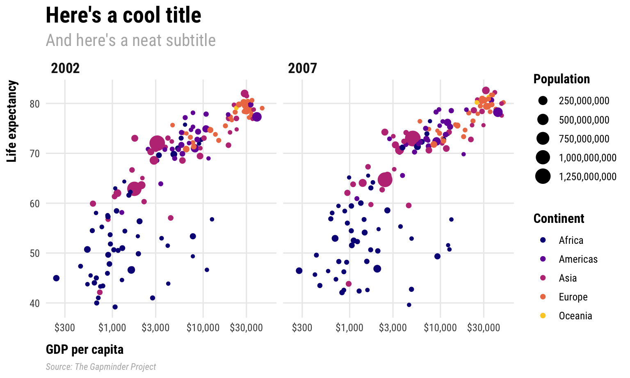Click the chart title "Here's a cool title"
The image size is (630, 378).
tap(123, 16)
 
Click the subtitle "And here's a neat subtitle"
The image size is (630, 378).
tap(130, 40)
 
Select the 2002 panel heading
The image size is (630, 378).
tap(65, 68)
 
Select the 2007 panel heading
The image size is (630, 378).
tap(302, 68)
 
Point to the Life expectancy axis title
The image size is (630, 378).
tap(12, 121)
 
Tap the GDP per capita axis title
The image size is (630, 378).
tap(84, 349)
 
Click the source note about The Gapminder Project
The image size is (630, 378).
tap(101, 367)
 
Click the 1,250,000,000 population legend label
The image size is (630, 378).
tap(587, 176)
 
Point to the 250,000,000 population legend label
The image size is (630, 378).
tap(584, 101)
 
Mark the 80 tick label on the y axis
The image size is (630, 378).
tap(34, 104)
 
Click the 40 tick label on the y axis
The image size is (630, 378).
tap(34, 303)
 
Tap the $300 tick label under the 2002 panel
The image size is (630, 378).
tap(65, 328)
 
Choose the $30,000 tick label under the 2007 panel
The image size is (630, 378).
tap(484, 328)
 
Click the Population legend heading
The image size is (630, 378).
tap(562, 79)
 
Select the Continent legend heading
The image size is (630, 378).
tap(559, 218)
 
